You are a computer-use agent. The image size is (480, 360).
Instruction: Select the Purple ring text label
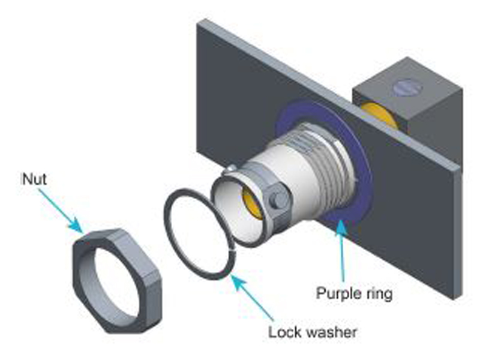pos(354,294)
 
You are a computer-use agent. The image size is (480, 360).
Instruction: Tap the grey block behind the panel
pos(420,120)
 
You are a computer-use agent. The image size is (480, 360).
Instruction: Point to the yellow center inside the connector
pos(252,204)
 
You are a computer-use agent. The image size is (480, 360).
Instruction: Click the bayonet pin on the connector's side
pos(278,200)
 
